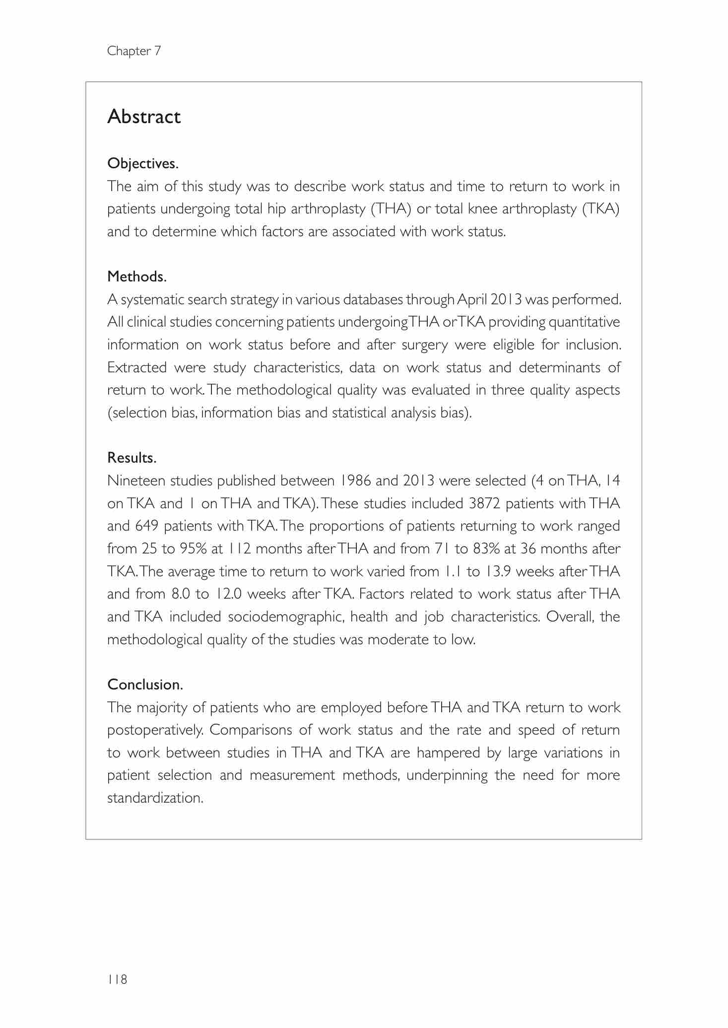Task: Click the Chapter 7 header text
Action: click(x=134, y=51)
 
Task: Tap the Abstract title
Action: click(x=144, y=117)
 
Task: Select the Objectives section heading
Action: click(x=142, y=163)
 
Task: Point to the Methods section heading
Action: click(x=136, y=276)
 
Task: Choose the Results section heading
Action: click(x=132, y=458)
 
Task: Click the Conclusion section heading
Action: click(x=145, y=685)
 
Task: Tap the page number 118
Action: click(x=117, y=979)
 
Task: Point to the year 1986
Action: click(x=355, y=480)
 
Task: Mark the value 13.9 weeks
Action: click(x=498, y=571)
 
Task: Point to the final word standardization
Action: click(x=155, y=798)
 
